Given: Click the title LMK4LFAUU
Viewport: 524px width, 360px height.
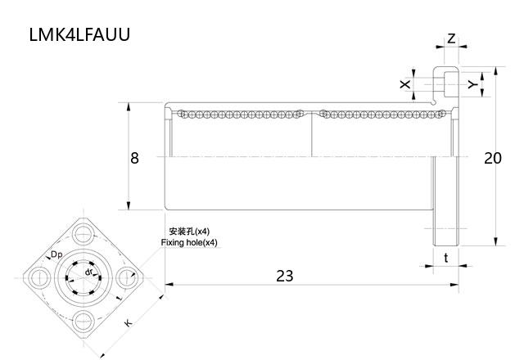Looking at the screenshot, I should pos(79,35).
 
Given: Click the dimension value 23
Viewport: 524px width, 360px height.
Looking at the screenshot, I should pos(284,276).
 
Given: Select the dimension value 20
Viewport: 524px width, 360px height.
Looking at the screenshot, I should pos(492,158).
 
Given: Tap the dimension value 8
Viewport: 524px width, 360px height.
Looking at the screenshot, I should pos(134,158).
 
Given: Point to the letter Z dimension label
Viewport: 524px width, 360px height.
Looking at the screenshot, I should pos(451,38).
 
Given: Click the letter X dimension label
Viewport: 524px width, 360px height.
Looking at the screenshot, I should pos(403,84).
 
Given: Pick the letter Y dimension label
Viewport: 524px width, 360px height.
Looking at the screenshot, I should pos(472,84).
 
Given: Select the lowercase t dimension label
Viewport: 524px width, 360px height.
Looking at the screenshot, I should pos(445,257).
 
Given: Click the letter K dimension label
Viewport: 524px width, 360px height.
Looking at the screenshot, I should pos(129,324).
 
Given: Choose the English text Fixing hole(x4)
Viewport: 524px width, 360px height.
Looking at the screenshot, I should pos(189,243).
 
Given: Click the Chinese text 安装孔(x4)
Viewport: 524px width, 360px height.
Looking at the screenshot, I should pos(189,232).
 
